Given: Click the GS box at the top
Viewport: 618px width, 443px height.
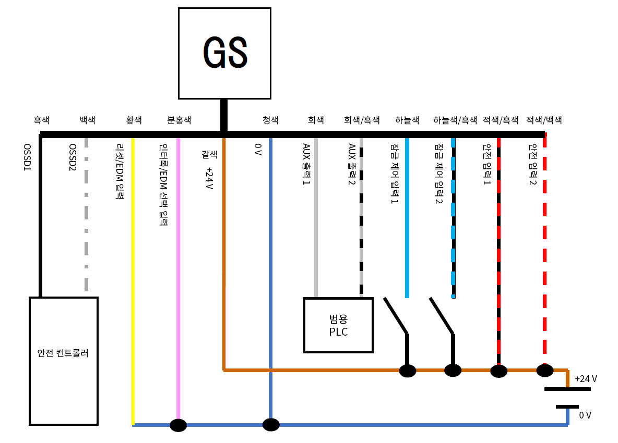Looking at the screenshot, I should coord(224,53).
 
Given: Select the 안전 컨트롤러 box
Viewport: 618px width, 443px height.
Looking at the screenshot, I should coord(64,361).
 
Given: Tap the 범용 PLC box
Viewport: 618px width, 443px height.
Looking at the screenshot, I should coord(338,325).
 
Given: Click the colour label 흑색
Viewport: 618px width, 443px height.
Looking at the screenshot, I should coord(41,120).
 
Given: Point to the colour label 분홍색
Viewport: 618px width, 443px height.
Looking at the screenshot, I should coord(179,120).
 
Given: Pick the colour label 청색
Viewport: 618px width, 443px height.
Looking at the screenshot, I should coord(270,120).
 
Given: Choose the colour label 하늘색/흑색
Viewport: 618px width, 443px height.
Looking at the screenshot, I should coord(455,120).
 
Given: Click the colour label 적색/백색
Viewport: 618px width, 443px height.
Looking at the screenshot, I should coord(544,120).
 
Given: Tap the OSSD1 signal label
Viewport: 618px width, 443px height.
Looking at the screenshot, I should coord(28,159).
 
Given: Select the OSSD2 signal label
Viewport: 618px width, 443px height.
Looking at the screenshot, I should coord(73,159).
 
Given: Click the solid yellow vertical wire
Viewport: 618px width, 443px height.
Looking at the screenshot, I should coord(133,261).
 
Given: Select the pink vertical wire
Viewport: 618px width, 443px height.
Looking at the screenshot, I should coord(179,261).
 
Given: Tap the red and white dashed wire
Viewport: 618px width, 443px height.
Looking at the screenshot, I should coord(545,250).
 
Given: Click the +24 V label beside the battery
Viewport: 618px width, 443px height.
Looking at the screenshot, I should coord(586,379).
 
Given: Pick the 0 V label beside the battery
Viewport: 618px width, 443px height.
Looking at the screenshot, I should coord(585,415).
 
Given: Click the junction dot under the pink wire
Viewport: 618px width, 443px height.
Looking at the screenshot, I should coord(179,425).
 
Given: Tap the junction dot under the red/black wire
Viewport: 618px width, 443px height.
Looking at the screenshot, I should coord(498,371).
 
